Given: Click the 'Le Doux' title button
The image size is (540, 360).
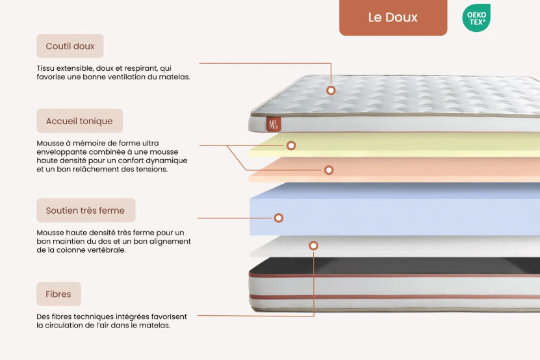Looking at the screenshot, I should click(x=392, y=18).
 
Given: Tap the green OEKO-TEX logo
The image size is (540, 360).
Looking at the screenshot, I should click(x=476, y=18).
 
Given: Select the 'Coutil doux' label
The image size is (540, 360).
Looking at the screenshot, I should click(x=70, y=46).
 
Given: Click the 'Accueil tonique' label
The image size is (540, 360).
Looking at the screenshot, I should click(x=79, y=121).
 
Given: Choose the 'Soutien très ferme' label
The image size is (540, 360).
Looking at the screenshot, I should click(x=85, y=211).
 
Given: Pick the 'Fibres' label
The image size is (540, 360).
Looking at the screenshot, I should click(x=58, y=294).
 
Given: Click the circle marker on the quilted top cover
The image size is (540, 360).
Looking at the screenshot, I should click(x=331, y=90).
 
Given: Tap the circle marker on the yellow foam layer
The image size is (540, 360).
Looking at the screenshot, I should click(x=291, y=146).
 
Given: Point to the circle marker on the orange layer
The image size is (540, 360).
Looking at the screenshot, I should click(x=329, y=170).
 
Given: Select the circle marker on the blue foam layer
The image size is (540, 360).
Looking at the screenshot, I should click(x=279, y=218).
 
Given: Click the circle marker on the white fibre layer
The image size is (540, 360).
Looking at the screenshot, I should click(x=313, y=246).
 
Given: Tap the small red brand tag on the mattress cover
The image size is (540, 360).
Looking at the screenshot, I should click(x=274, y=123).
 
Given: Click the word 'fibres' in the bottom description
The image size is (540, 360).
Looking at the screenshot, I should click(x=61, y=316).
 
